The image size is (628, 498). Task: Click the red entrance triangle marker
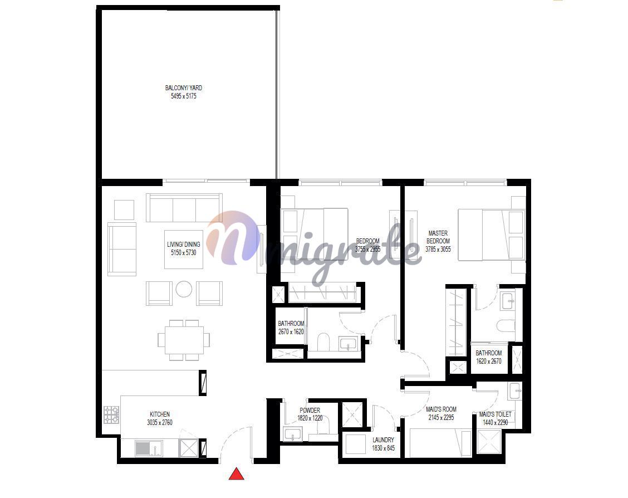click(236, 474)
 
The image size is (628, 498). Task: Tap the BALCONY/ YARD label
click(183, 88)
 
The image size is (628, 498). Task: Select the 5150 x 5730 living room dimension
click(183, 253)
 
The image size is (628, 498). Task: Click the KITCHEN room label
click(160, 414)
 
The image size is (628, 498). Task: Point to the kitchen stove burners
click(111, 414)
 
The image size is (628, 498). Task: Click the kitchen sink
click(149, 448)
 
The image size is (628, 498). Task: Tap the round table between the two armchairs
click(184, 289)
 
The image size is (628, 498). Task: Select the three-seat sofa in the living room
click(184, 208)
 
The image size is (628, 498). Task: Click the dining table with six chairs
click(184, 340)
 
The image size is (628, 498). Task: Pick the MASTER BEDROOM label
click(438, 237)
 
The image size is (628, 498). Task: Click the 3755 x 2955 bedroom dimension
click(367, 249)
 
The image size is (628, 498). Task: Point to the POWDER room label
click(310, 410)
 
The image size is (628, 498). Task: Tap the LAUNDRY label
click(383, 440)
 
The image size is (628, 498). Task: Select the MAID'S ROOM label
click(441, 409)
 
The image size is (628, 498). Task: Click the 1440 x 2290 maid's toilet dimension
click(495, 422)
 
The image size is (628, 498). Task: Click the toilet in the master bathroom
click(506, 325)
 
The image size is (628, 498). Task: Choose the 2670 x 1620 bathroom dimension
click(291, 332)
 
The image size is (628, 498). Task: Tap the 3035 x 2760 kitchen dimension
click(160, 422)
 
